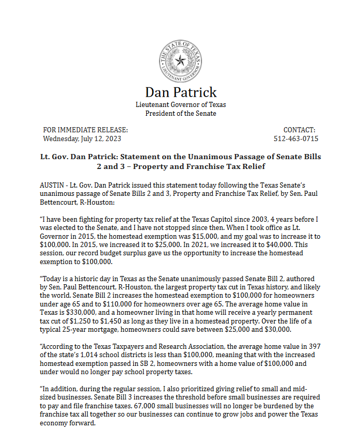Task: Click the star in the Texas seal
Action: point(180,61)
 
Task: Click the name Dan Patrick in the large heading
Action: point(181,92)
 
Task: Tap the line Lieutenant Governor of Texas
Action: point(180,104)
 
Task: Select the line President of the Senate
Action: point(181,113)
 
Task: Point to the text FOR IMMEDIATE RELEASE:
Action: point(85,130)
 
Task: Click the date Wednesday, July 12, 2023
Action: point(82,139)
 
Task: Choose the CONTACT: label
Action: point(299,130)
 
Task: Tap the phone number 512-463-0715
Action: point(296,139)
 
